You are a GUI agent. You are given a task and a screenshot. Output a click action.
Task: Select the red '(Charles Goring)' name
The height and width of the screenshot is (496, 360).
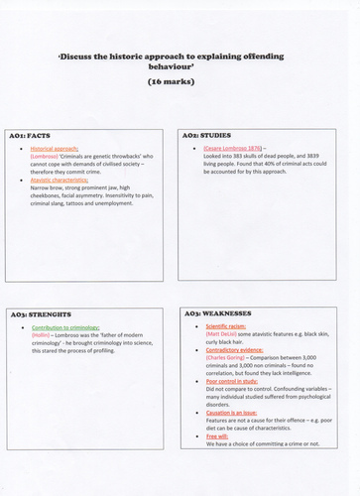[x=228, y=360]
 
